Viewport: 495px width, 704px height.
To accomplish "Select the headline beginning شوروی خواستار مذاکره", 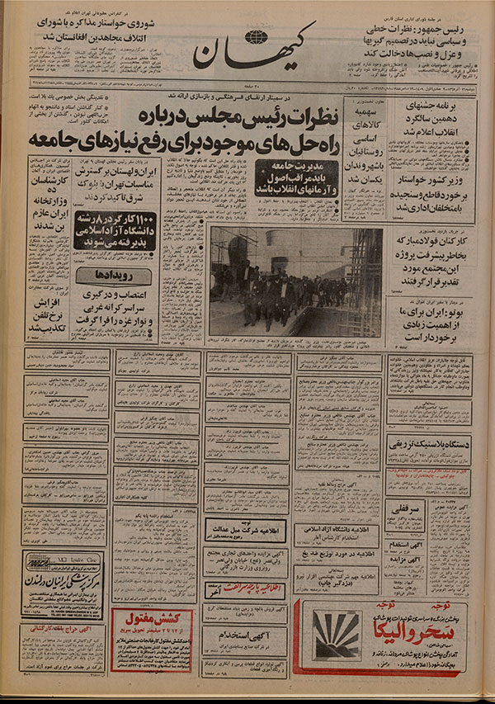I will [58, 30].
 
